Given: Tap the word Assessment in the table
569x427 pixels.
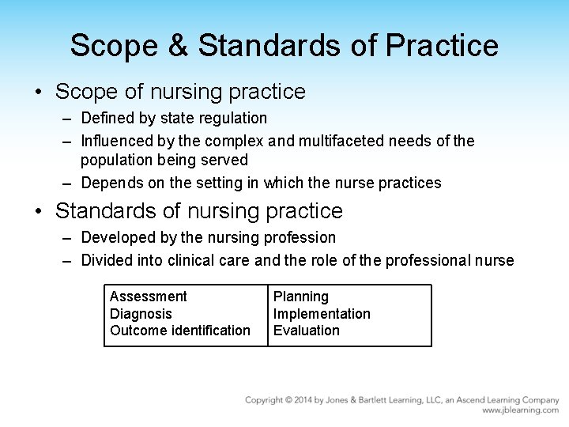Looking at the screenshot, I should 149,297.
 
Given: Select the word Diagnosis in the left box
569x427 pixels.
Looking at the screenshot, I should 141,314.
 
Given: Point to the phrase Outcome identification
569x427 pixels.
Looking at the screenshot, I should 180,331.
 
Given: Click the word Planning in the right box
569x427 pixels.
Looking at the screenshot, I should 301,297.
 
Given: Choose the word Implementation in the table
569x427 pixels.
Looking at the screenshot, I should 322,314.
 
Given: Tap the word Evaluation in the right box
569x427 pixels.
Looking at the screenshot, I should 307,331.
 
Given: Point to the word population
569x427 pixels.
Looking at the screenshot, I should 119,160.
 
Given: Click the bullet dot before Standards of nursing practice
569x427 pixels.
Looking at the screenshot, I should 38,212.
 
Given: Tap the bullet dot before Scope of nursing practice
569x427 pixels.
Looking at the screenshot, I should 38,93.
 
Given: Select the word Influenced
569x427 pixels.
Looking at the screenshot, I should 116,142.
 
